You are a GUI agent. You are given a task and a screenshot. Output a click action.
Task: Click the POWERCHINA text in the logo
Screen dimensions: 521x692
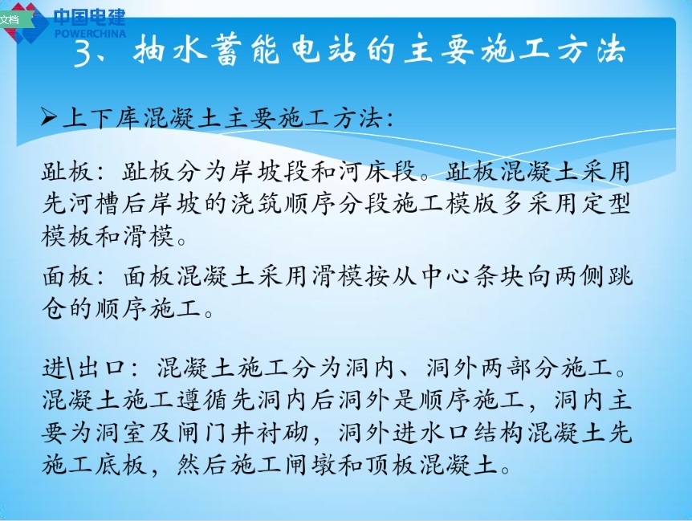90,33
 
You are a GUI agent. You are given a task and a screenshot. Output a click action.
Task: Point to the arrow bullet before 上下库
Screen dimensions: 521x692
50,120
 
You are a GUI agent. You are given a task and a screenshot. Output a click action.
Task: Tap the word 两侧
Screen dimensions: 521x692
573,278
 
